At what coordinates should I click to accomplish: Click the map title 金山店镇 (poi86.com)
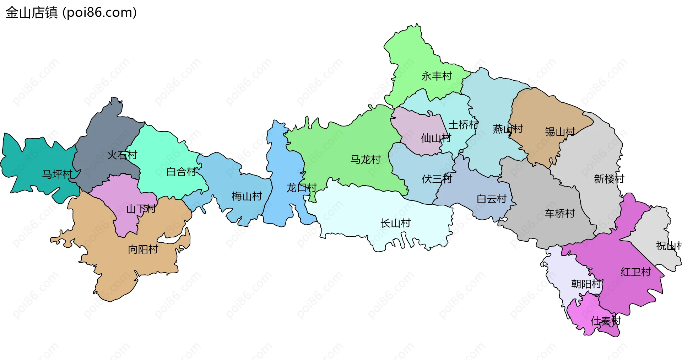click(x=71, y=13)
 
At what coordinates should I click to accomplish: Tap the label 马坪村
click(x=57, y=174)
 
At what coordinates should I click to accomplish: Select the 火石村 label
click(x=122, y=155)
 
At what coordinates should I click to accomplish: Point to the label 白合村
click(x=182, y=172)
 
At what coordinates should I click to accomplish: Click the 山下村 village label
click(x=141, y=209)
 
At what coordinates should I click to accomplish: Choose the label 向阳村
click(x=143, y=249)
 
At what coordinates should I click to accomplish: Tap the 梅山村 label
click(x=247, y=196)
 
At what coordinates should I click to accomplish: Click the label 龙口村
click(x=301, y=188)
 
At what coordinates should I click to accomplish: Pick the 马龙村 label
click(x=366, y=160)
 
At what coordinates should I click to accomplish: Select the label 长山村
click(x=395, y=223)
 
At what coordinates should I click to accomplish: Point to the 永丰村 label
click(x=437, y=76)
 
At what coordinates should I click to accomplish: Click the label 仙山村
click(x=436, y=138)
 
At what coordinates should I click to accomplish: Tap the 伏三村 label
click(x=437, y=179)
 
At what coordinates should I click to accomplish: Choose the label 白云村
click(x=491, y=199)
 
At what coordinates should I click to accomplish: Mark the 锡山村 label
click(x=560, y=132)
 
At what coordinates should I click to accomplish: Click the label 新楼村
click(x=609, y=179)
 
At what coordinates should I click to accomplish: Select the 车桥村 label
click(x=560, y=214)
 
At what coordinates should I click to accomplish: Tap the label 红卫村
click(x=635, y=272)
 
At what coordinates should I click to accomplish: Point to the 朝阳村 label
click(x=586, y=284)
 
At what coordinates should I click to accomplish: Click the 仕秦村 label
click(x=606, y=321)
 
